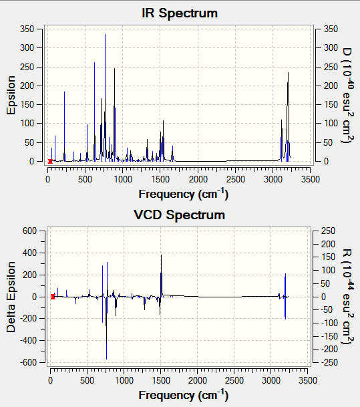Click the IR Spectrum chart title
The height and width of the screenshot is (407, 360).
coord(180,13)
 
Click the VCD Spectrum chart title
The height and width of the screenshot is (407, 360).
coord(179,215)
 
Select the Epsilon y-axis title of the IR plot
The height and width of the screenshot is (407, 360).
coord(11,95)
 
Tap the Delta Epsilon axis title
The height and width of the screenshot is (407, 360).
coord(11,297)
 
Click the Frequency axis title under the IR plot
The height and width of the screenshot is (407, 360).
coord(184,194)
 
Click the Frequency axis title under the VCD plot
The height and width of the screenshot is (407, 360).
coord(184,395)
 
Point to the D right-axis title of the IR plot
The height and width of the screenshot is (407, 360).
coord(347,96)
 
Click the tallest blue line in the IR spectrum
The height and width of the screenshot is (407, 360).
coord(105,98)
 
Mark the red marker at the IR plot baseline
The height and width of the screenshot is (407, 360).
coord(50,161)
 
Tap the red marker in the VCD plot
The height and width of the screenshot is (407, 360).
coord(53,297)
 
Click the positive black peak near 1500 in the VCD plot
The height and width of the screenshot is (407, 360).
coord(161,275)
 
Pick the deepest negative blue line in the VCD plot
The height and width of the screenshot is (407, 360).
coord(107,328)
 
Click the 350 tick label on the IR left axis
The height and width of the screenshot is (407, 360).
coord(27,29)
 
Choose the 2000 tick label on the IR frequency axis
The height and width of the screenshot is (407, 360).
coord(198,179)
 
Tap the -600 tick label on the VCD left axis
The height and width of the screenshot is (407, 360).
coord(29,362)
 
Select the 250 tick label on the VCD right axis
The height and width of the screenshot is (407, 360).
coord(329,231)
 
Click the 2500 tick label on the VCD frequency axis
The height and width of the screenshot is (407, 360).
coord(234,380)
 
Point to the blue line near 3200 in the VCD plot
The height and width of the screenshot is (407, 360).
coord(285,296)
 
